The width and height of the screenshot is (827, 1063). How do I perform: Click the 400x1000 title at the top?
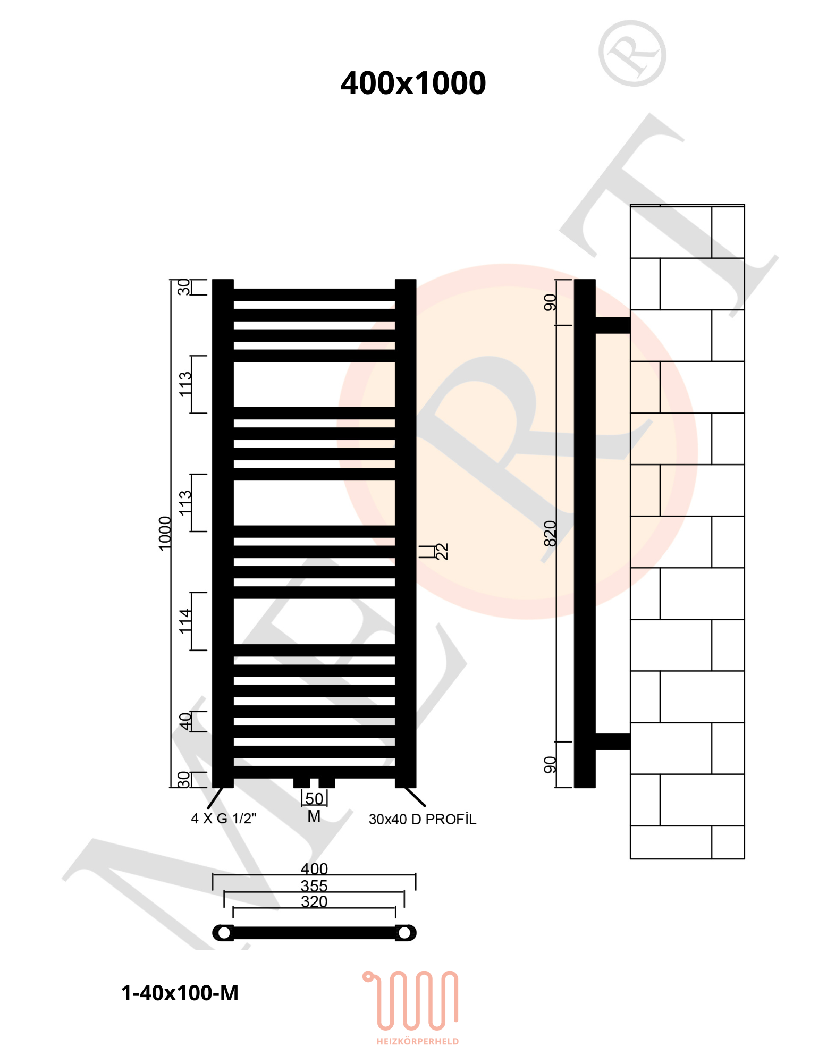pos(413,83)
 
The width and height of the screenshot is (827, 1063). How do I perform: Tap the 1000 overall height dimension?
pos(165,533)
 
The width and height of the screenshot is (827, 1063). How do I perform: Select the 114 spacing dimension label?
pos(184,621)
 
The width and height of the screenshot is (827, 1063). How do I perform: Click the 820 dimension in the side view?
pos(550,533)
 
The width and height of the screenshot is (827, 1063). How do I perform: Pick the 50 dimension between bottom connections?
pos(314,799)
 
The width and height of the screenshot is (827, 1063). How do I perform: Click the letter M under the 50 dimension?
pos(314,816)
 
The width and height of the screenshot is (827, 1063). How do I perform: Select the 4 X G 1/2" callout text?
pos(224,819)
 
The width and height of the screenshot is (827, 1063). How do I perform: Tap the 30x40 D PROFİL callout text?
pos(423,820)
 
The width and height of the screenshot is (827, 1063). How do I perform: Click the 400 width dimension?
pos(314,868)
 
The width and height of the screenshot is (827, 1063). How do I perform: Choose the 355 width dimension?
pos(314,885)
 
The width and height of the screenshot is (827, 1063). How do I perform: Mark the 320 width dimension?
pos(314,901)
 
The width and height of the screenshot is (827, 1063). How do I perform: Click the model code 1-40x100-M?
pos(180,993)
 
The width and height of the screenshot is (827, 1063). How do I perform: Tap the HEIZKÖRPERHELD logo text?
pos(418,1041)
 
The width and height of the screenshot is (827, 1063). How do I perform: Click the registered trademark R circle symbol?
pos(632,53)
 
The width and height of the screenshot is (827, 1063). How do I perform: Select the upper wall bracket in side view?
pos(613,325)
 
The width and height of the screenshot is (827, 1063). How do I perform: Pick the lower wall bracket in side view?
pos(613,741)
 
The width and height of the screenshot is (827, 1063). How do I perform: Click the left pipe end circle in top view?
pos(224,933)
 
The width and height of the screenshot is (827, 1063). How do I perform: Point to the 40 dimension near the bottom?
pos(184,721)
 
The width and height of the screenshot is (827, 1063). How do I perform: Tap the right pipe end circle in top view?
pos(404,933)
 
